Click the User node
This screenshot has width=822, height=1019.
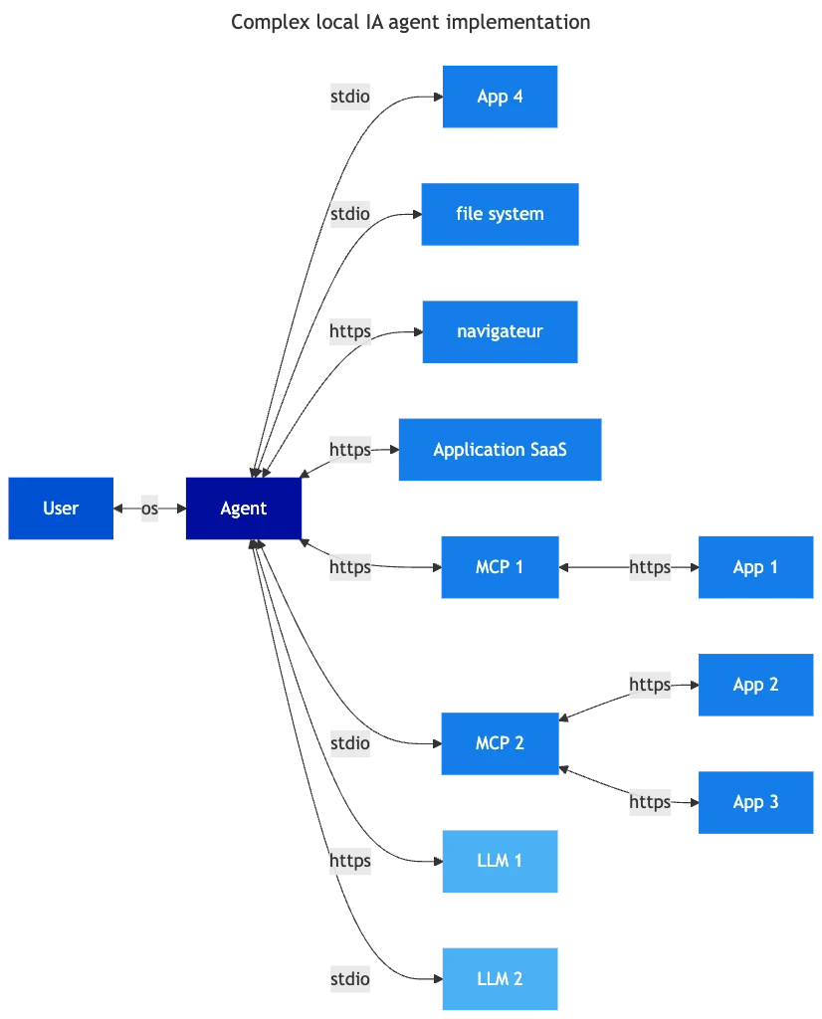62,508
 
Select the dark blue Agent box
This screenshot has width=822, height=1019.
243,509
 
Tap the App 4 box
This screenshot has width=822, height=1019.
501,98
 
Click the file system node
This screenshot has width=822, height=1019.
500,214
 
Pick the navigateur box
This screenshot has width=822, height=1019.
501,330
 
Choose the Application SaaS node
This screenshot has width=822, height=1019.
501,450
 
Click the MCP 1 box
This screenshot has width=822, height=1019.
501,567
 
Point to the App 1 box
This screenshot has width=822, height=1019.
755,567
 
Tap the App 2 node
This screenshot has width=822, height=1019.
755,685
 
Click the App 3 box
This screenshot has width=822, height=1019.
755,802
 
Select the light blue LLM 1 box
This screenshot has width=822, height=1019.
501,861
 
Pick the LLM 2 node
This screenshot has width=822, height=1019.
501,979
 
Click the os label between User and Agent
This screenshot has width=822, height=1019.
148,509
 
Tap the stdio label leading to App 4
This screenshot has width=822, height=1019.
350,98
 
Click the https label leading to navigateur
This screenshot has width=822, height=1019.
350,331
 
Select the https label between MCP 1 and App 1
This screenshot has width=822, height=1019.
651,567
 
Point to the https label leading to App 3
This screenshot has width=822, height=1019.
651,802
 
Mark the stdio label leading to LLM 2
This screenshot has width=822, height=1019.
350,979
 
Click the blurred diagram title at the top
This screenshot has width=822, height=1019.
413,21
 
